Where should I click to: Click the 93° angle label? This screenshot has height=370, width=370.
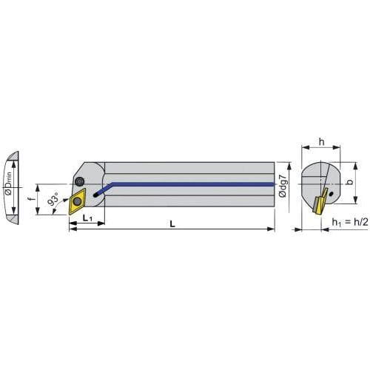pos(53,199)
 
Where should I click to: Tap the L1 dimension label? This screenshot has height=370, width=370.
pos(87,218)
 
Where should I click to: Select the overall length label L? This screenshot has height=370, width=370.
pos(172,223)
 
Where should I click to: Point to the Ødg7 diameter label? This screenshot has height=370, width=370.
pos(283,186)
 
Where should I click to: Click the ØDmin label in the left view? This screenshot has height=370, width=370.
pos(9,184)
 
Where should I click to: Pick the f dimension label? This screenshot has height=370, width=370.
pos(30,199)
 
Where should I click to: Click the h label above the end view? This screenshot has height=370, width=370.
pos(321,142)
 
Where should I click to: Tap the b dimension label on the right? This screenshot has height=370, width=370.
pos(349,182)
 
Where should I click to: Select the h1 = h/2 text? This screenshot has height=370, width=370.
pos(350,222)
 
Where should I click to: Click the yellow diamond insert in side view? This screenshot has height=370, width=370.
pos(77,201)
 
